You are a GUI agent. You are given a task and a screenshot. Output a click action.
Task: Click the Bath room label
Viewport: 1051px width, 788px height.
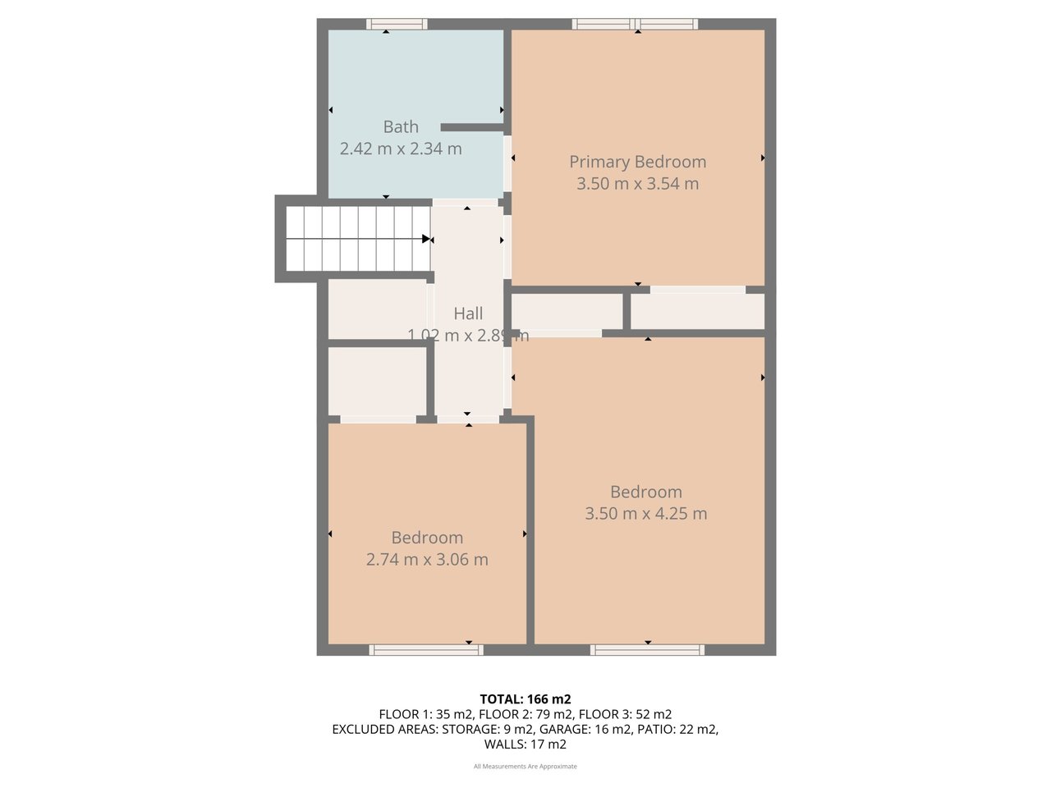pos(401,127)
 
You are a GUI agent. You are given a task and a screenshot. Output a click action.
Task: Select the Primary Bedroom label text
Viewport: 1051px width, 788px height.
pos(637,162)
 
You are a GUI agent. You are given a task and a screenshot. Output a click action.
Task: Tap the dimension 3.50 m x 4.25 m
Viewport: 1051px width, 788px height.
pos(645,514)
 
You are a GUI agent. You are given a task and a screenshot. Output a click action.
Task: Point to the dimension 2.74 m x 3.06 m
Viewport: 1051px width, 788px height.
pos(427,560)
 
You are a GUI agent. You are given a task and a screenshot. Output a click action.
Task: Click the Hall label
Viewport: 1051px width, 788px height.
pos(468,314)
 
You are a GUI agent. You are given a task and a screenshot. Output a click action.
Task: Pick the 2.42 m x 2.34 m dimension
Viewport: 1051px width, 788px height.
pos(401,149)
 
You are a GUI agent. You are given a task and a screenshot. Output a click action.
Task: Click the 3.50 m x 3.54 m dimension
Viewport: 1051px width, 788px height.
pos(637,184)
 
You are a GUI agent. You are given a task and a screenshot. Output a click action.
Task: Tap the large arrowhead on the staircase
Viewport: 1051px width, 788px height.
pos(426,239)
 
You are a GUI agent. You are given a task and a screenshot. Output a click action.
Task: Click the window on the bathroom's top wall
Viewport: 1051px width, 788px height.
pos(397,24)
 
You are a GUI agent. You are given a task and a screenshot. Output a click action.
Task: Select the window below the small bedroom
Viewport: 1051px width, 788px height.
pos(426,650)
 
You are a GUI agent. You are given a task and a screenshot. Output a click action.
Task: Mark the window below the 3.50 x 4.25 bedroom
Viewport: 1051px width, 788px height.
pos(647,650)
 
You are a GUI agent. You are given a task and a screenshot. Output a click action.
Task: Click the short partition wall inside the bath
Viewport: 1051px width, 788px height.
pos(472,127)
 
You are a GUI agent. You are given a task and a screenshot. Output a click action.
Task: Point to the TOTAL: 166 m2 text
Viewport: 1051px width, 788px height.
pos(525,699)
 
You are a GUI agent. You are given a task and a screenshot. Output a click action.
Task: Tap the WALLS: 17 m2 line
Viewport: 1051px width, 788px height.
pos(525,744)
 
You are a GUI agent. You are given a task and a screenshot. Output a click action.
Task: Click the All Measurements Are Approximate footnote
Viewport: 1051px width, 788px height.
pos(525,767)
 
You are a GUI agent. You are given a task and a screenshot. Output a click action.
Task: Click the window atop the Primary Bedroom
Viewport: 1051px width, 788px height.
pos(636,24)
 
